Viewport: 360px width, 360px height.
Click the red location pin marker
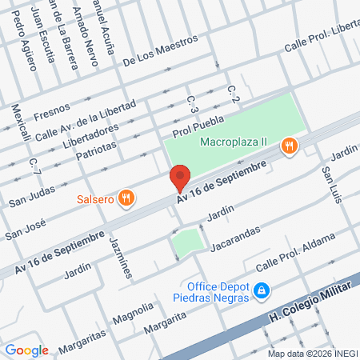(x=180, y=178)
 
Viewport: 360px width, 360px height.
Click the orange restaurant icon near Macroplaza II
(x=289, y=146)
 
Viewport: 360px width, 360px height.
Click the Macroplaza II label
(x=233, y=142)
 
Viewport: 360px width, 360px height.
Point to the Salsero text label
(x=94, y=199)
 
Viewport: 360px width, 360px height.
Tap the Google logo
(x=26, y=350)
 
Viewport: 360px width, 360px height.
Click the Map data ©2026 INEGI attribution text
(x=311, y=353)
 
